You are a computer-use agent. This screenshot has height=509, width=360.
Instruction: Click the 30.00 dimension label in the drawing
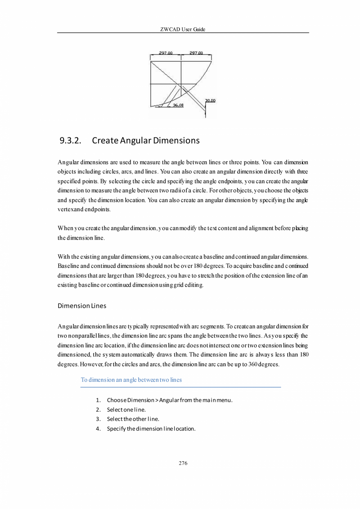click(x=210, y=101)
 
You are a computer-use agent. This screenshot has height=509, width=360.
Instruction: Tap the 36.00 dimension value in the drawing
click(x=178, y=105)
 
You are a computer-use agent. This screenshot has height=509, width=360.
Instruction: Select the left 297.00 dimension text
click(x=166, y=53)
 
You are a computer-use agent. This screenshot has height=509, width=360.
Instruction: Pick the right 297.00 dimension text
click(x=196, y=53)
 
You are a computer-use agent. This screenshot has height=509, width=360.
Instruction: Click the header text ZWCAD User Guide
click(x=183, y=29)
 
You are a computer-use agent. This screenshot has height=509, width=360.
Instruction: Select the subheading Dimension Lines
click(x=82, y=306)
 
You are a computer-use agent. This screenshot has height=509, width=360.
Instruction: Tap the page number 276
click(x=183, y=463)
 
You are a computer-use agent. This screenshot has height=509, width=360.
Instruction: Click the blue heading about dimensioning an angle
click(x=131, y=380)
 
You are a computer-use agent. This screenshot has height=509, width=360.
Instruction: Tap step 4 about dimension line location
click(x=151, y=428)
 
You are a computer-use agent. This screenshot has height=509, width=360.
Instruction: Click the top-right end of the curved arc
click(x=212, y=61)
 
